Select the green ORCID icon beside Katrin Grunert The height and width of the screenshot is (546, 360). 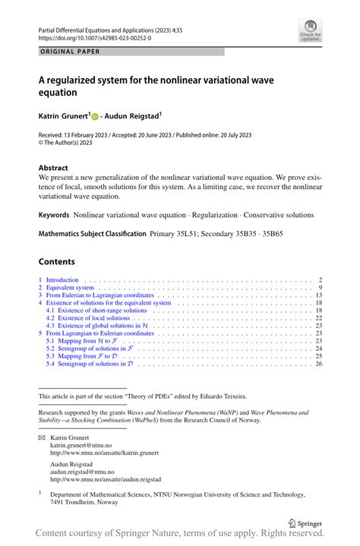(96, 118)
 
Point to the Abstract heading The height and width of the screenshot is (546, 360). (53, 168)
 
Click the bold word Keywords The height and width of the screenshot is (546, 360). (54, 215)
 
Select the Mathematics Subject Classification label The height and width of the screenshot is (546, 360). (92, 234)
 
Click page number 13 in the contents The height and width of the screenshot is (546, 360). (319, 295)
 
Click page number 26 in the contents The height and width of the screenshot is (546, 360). (319, 364)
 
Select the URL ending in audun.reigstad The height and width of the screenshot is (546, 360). (106, 480)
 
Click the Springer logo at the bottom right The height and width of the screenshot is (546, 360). (305, 523)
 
